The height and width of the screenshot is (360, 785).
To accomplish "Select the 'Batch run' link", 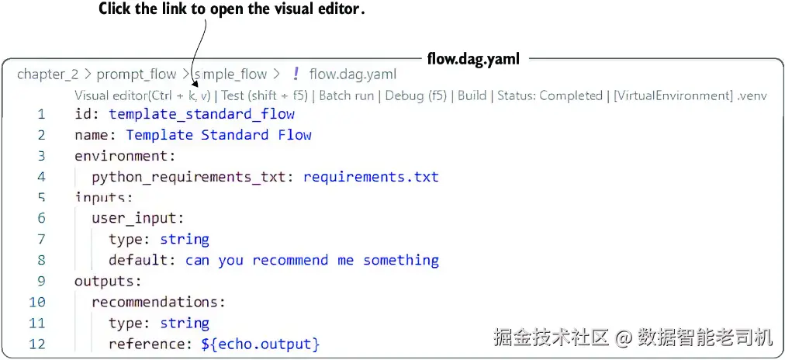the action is pyautogui.click(x=347, y=95).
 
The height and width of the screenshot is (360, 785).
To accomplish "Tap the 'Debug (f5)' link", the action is pyautogui.click(x=416, y=95).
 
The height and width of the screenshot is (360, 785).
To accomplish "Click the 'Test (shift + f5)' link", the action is pyautogui.click(x=265, y=95).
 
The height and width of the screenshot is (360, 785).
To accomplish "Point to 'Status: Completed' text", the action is pyautogui.click(x=550, y=95).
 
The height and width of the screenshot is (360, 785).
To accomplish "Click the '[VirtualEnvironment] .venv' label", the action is pyautogui.click(x=690, y=95).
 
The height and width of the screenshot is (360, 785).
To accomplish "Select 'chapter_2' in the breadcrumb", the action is pyautogui.click(x=47, y=74).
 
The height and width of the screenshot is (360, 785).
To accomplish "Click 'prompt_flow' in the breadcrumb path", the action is pyautogui.click(x=137, y=74).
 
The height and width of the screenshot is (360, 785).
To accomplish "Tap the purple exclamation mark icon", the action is pyautogui.click(x=296, y=74).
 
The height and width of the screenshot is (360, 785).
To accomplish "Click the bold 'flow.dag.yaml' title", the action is pyautogui.click(x=473, y=59).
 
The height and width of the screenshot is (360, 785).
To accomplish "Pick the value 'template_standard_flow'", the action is pyautogui.click(x=202, y=114).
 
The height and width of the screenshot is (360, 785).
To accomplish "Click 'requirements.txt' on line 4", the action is pyautogui.click(x=371, y=177).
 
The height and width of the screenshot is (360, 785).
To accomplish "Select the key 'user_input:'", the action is pyautogui.click(x=138, y=218).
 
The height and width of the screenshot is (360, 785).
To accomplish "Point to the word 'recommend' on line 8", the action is pyautogui.click(x=290, y=261).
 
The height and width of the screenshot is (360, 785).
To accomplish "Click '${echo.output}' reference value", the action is pyautogui.click(x=261, y=344).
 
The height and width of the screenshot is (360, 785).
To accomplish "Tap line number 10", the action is pyautogui.click(x=37, y=302).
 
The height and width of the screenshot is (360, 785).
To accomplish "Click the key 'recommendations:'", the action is pyautogui.click(x=159, y=303).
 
